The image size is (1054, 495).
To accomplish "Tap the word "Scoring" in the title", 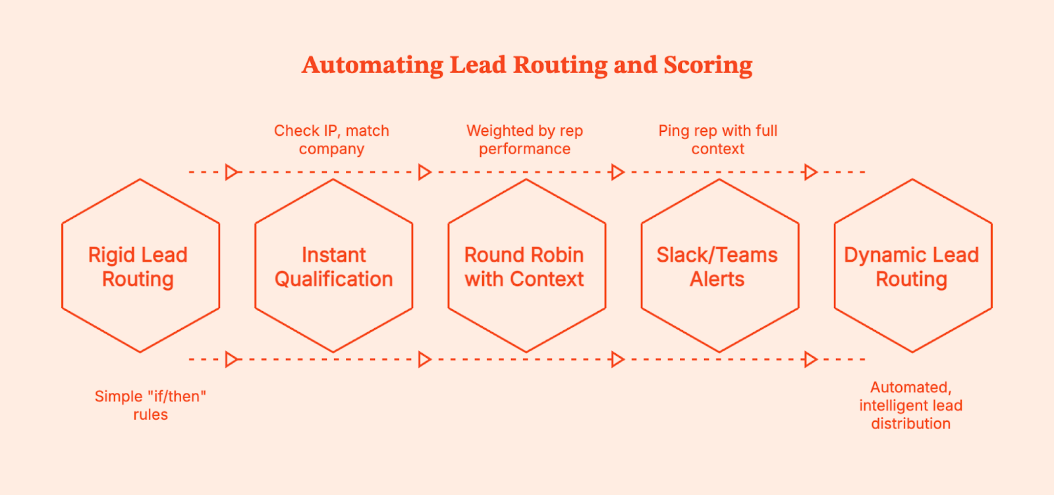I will [x=708, y=65].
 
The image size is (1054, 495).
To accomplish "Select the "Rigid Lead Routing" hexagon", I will [x=140, y=266].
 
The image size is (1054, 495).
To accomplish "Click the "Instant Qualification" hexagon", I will [x=333, y=266].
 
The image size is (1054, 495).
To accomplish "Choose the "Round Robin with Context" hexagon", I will [x=526, y=266].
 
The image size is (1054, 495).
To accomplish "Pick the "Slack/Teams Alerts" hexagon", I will [x=719, y=266].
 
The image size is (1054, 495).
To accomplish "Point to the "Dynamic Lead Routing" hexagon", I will [x=912, y=266].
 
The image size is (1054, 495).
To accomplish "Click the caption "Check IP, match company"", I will [x=331, y=140].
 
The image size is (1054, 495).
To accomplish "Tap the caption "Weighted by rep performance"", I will [x=524, y=140].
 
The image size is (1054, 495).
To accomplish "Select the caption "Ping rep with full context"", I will [x=717, y=140].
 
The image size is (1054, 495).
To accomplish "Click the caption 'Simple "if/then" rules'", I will [x=150, y=405].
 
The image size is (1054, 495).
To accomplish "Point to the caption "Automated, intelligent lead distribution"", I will [x=910, y=405].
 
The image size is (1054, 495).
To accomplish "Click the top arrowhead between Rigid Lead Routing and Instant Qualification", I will [x=231, y=172].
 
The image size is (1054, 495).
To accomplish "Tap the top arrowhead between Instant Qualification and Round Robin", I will [x=425, y=172].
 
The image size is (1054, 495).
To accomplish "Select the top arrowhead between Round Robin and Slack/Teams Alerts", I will [x=618, y=172].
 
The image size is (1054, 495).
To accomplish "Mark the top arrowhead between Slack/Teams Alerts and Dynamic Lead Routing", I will [x=811, y=172].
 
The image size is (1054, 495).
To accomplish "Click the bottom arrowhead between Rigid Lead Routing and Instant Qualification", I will [x=231, y=359].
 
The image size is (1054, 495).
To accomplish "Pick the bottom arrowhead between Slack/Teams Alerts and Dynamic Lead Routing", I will [x=811, y=359].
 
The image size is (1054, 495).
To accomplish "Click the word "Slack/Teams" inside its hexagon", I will [x=717, y=255].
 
